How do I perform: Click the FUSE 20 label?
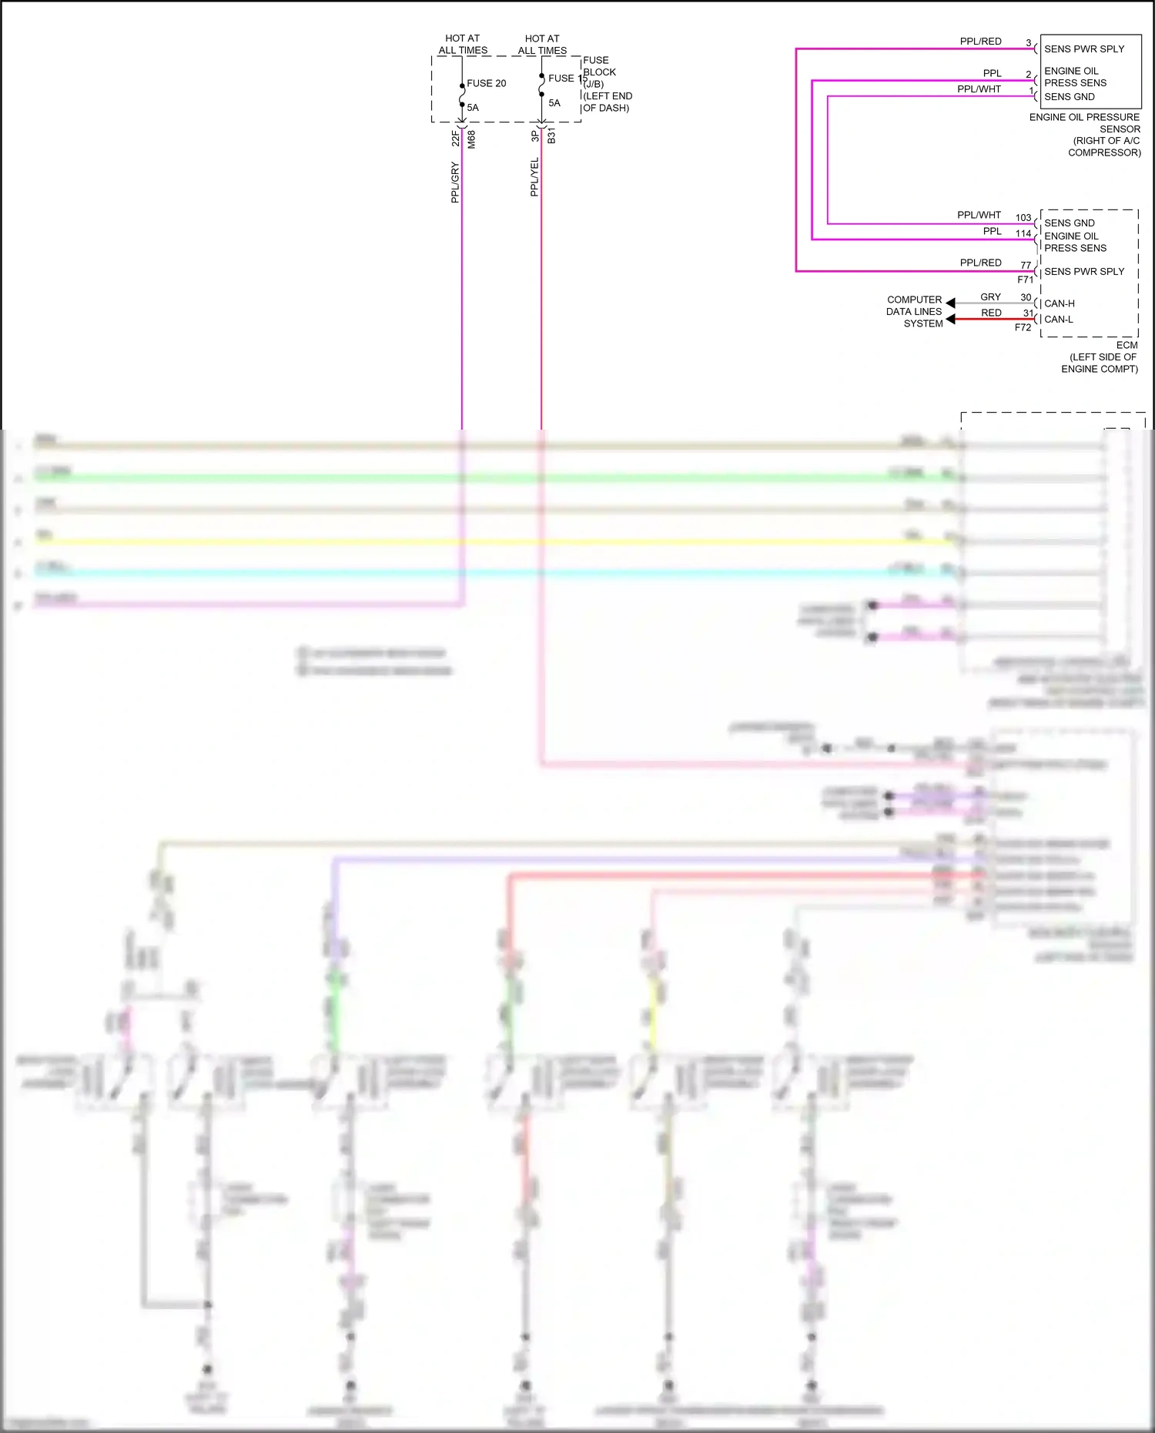coord(486,83)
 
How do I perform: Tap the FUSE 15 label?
coord(567,78)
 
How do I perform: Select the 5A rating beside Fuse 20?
coord(473,108)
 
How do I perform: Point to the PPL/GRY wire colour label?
coord(455,182)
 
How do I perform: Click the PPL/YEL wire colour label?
coord(534,177)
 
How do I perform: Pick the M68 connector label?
coord(471,139)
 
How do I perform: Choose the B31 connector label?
coord(551,137)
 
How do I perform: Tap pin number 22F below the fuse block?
coord(456,139)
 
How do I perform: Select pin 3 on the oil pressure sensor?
coord(1028,43)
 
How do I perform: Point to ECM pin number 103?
coord(1023,218)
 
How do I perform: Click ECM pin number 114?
coord(1023,233)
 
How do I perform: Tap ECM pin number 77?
coord(1026,265)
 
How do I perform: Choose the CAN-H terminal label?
coord(1059,303)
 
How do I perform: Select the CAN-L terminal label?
coord(1058,319)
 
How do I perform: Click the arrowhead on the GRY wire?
coord(951,303)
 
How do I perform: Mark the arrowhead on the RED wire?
coord(951,319)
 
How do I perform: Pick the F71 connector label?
coord(1025,280)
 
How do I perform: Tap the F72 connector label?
coord(1023,327)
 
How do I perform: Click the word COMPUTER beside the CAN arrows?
coord(914,300)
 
